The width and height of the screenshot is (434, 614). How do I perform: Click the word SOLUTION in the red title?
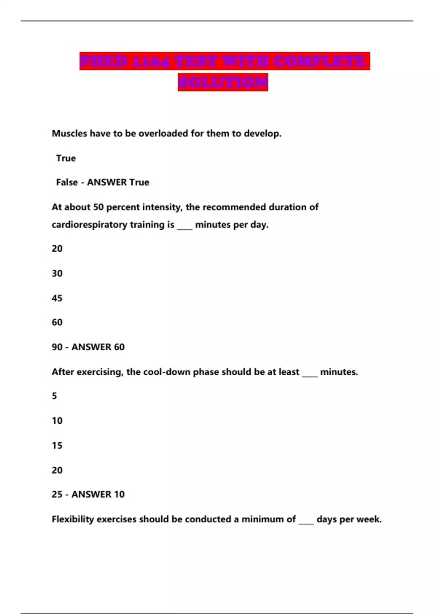pyautogui.click(x=223, y=82)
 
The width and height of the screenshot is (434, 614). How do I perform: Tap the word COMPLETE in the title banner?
pyautogui.click(x=320, y=61)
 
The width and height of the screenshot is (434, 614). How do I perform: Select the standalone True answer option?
pyautogui.click(x=66, y=158)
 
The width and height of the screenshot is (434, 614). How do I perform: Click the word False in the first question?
pyautogui.click(x=67, y=182)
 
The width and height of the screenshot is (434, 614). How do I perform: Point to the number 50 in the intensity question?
pyautogui.click(x=98, y=207)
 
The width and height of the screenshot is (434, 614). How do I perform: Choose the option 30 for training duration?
pyautogui.click(x=57, y=273)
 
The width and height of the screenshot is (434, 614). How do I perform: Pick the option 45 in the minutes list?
pyautogui.click(x=57, y=298)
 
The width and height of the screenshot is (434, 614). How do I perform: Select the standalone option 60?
pyautogui.click(x=57, y=322)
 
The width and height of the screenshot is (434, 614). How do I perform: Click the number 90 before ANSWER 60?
pyautogui.click(x=57, y=347)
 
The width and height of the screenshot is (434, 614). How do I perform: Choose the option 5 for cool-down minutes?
pyautogui.click(x=54, y=396)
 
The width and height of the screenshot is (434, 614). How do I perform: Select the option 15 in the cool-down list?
pyautogui.click(x=57, y=446)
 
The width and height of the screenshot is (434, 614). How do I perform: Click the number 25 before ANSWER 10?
pyautogui.click(x=57, y=494)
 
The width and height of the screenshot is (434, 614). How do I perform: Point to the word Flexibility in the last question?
pyautogui.click(x=73, y=519)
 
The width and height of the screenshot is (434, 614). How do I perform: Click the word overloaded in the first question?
pyautogui.click(x=163, y=134)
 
